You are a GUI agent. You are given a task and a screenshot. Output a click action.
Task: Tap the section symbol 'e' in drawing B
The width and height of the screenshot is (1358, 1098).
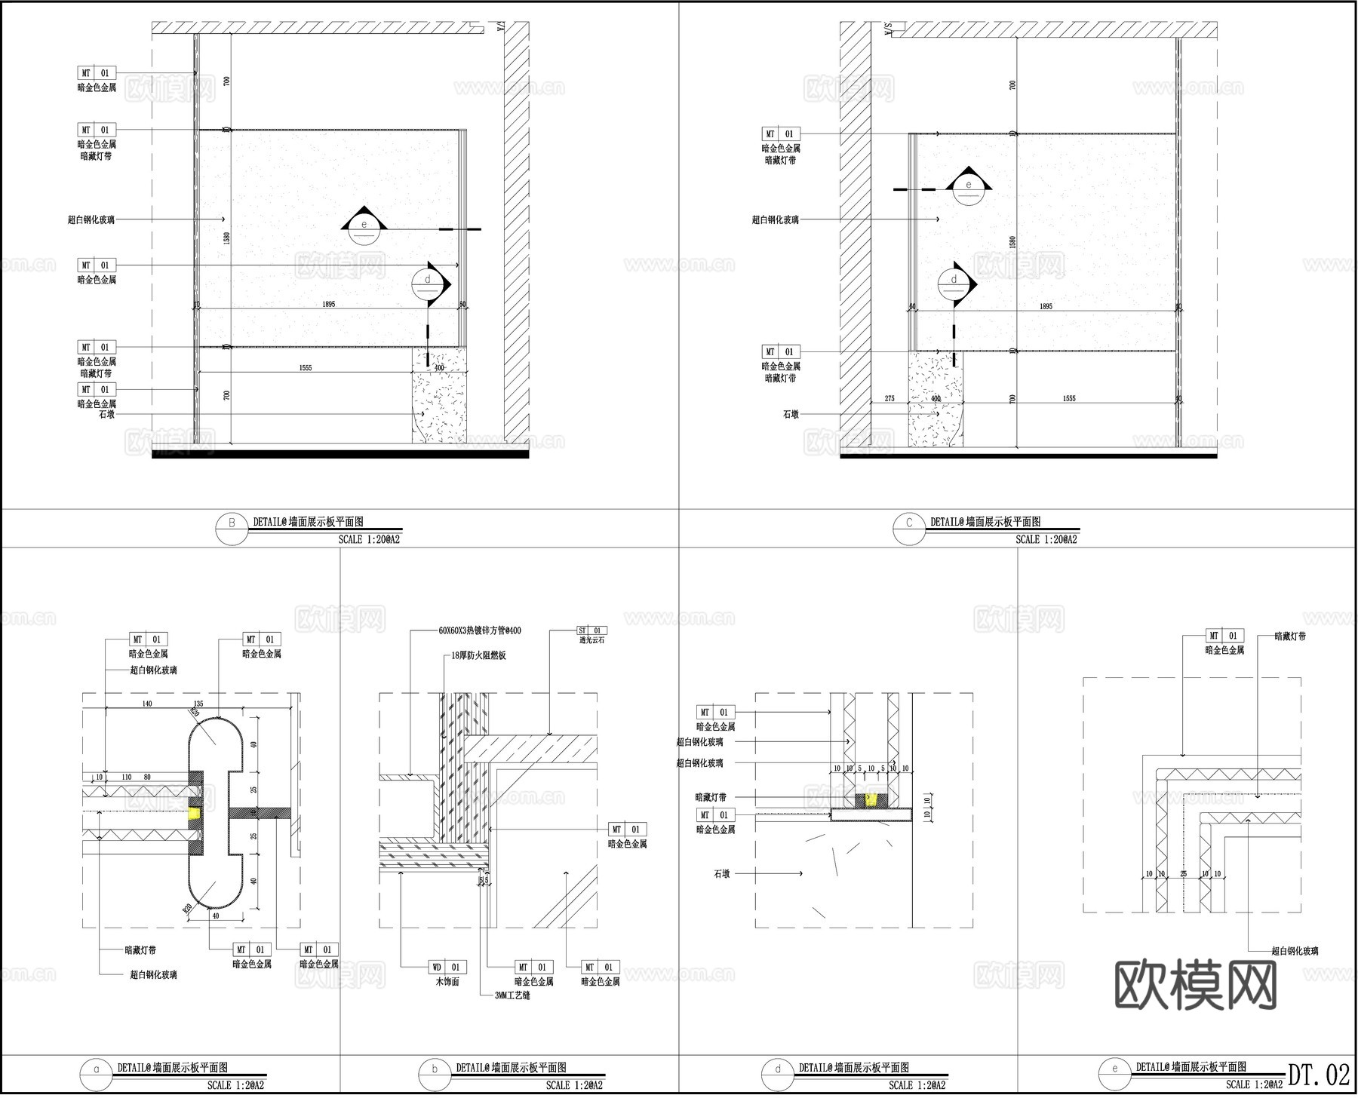click(x=364, y=225)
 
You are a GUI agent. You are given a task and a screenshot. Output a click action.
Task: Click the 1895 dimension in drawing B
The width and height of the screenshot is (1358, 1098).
click(x=328, y=305)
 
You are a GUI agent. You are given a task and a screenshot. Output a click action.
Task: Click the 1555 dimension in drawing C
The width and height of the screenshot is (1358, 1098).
click(x=1069, y=399)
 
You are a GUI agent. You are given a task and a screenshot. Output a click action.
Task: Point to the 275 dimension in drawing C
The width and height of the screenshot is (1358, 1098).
click(x=889, y=399)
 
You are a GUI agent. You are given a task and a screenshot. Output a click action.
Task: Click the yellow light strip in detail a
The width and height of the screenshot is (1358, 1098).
click(x=195, y=813)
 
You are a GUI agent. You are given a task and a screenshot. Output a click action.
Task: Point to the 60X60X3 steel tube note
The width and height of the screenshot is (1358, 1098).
click(x=479, y=630)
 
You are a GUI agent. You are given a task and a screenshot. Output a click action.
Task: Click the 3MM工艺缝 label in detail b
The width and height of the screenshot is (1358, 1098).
click(x=512, y=995)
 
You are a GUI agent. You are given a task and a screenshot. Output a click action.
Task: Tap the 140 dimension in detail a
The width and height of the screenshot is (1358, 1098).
click(x=147, y=704)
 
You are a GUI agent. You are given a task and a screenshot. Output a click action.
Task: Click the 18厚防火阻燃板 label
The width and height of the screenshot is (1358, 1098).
click(x=478, y=656)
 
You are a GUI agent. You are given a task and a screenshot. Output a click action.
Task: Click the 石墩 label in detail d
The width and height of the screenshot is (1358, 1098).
click(x=721, y=874)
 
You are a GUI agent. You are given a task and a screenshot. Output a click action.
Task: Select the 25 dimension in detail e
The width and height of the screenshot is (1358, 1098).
click(x=1183, y=874)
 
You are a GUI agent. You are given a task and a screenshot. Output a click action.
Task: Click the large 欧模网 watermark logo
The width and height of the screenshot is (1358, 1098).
click(x=1195, y=984)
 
